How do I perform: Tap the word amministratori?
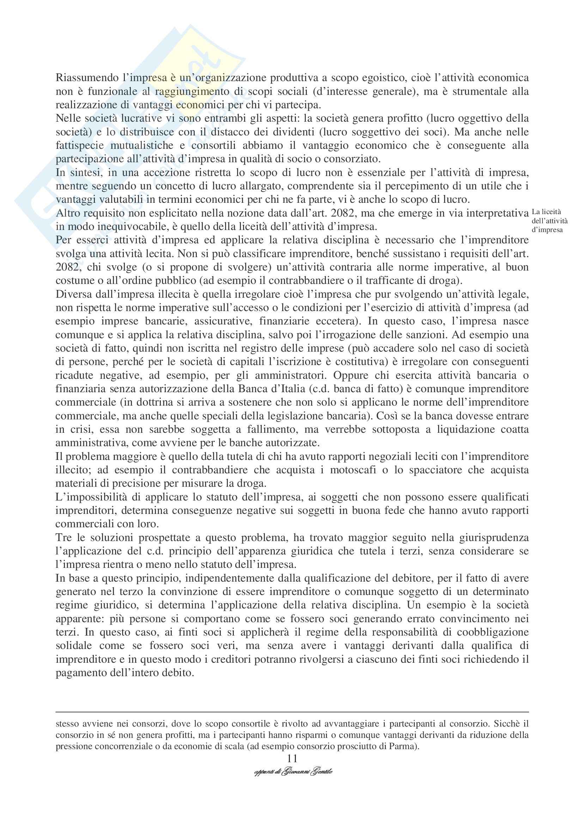(290, 376)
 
